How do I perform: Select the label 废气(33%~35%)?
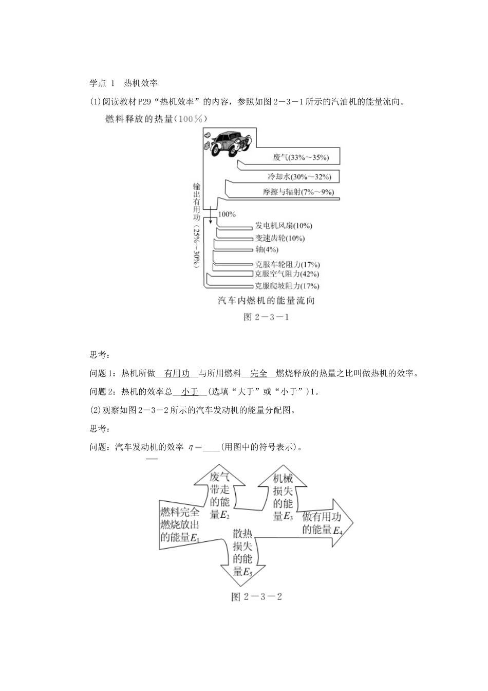[x=301, y=157]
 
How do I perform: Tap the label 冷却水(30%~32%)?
[x=299, y=177]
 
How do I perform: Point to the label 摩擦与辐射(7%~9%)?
[x=298, y=192]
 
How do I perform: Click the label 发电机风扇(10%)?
[x=283, y=226]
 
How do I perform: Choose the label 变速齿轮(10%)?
[x=279, y=238]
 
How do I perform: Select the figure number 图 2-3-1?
[x=266, y=317]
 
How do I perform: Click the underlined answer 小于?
[x=190, y=392]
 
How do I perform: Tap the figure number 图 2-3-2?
[x=257, y=597]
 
